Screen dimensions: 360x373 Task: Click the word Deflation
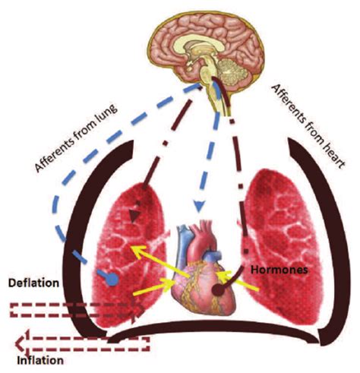(33, 283)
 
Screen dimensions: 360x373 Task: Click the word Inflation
(40, 360)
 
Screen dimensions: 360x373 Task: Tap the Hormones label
(279, 270)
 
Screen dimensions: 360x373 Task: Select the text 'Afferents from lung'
(76, 139)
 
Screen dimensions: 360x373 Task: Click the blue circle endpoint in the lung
(112, 280)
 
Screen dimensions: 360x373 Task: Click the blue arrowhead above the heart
(199, 206)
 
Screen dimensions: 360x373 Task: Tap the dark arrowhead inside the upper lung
(134, 216)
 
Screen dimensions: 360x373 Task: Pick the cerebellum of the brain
(232, 69)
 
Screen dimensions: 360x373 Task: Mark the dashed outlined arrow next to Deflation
(76, 310)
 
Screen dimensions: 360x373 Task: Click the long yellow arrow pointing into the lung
(159, 261)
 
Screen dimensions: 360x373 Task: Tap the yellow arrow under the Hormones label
(238, 280)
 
